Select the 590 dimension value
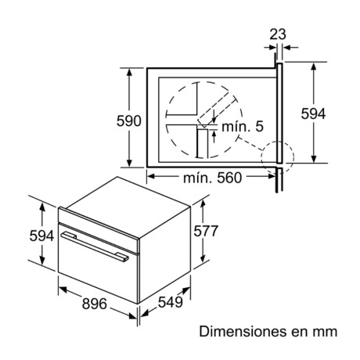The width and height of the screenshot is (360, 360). click(129, 121)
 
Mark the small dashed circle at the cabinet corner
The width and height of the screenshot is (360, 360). click(277, 155)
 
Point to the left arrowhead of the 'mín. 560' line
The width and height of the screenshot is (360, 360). click(150, 178)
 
